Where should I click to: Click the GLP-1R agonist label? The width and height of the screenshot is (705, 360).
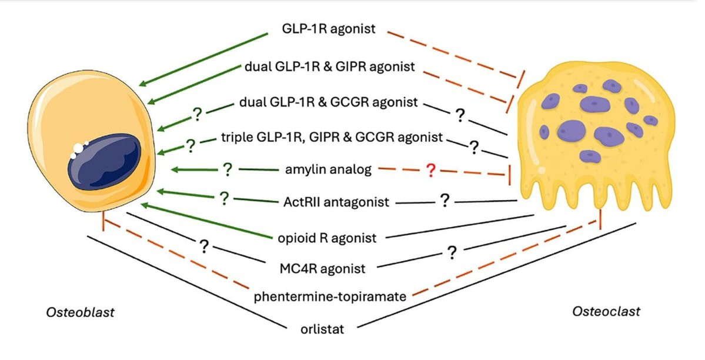[x=328, y=28]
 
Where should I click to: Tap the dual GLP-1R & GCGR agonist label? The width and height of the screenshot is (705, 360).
[x=330, y=102]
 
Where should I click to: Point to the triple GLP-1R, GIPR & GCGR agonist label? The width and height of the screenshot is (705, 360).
[x=332, y=138]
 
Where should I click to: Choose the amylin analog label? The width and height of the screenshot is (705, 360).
[x=328, y=170]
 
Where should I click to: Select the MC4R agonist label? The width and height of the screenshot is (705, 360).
[x=322, y=269]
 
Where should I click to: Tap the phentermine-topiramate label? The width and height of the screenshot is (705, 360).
[x=330, y=296]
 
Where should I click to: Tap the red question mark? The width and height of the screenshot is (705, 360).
[x=430, y=171]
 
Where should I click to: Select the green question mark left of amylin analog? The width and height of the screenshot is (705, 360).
[x=226, y=170]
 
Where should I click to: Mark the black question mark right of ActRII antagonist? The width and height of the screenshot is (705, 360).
[x=445, y=201]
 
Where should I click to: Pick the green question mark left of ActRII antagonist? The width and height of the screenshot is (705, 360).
[x=223, y=198]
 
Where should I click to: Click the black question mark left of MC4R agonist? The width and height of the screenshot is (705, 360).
[x=204, y=246]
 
